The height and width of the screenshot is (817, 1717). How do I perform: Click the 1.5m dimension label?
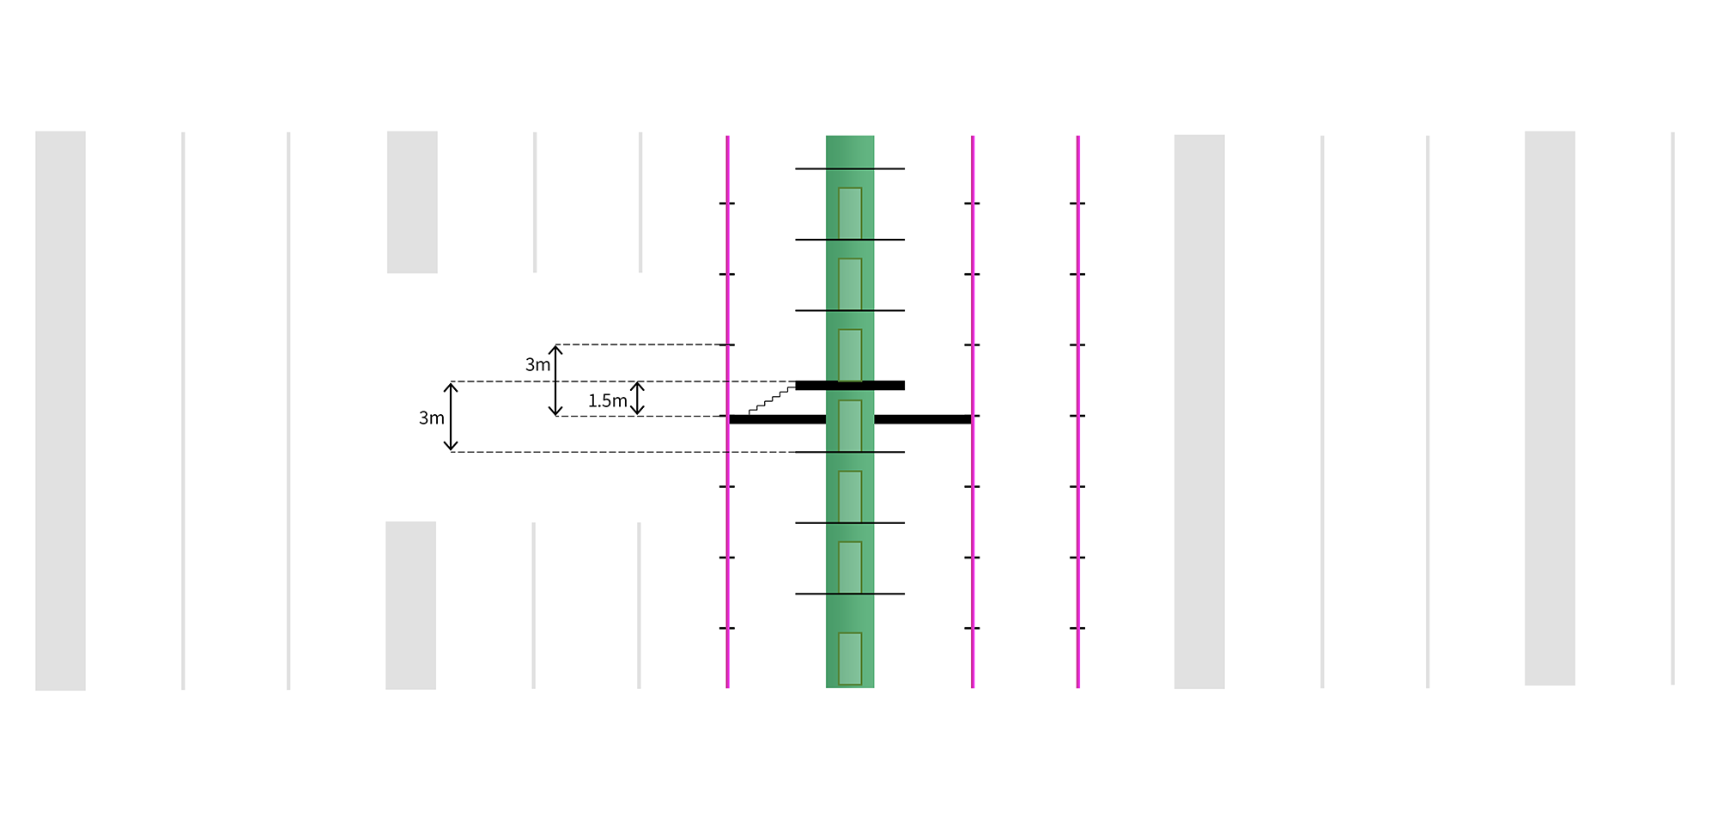[x=607, y=401]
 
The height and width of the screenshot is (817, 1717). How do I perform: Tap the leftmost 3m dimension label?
[x=431, y=418]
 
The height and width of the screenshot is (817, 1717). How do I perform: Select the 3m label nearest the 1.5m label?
[x=537, y=365]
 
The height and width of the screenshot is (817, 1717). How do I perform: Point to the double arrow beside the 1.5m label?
[x=637, y=399]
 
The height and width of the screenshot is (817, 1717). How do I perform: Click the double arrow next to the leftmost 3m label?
[x=451, y=417]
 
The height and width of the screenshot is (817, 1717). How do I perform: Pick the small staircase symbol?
[x=772, y=400]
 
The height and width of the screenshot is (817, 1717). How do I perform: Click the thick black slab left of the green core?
[x=777, y=419]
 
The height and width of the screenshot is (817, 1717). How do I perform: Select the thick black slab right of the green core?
[x=923, y=419]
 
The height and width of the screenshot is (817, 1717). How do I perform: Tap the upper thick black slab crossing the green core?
[x=850, y=386]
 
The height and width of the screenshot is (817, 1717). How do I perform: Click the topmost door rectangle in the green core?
[x=850, y=213]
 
